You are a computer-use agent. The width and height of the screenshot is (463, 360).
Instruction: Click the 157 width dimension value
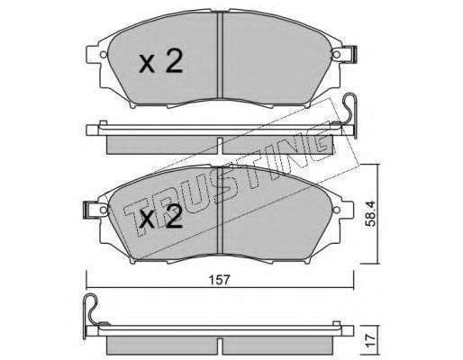coord(220,280)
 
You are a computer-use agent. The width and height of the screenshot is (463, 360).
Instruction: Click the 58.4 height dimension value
coord(371,213)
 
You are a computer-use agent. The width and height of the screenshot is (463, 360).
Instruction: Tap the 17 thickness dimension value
coord(371,341)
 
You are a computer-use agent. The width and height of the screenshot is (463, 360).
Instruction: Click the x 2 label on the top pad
coord(161,61)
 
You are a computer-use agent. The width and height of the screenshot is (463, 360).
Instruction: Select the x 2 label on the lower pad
coord(161,217)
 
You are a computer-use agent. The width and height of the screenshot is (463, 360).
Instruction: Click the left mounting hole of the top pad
coord(104,55)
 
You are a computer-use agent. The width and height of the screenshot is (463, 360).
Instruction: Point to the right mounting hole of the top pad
coord(337,55)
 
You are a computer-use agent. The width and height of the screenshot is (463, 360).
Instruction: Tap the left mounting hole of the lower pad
coord(104,209)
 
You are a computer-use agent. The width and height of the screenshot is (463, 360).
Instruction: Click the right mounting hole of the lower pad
coord(337,209)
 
